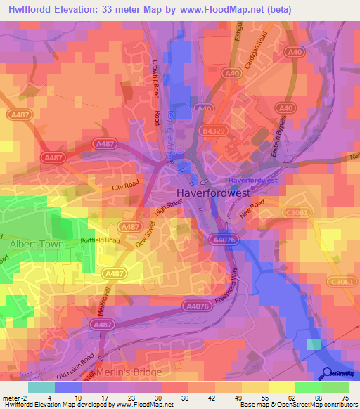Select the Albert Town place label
(x=36, y=244)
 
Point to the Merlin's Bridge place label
(x=128, y=372)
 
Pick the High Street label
(x=169, y=209)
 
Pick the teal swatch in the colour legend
(x=41, y=387)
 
